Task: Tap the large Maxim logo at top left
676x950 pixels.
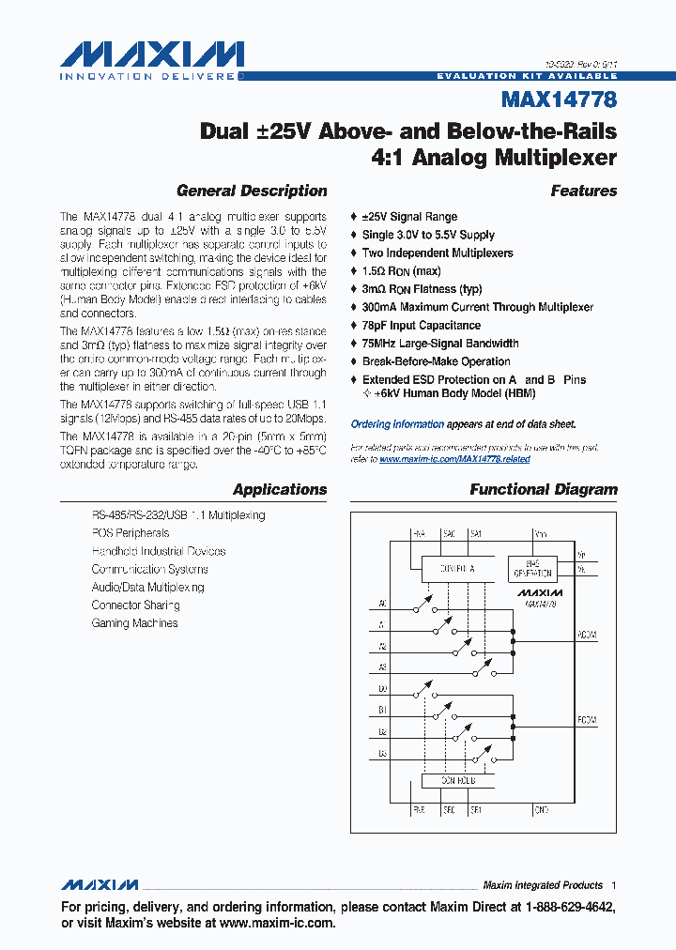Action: point(152,55)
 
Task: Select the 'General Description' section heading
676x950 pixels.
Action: point(252,191)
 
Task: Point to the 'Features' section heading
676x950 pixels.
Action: point(584,191)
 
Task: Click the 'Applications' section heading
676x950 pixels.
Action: point(280,489)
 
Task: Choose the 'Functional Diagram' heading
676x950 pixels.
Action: point(544,489)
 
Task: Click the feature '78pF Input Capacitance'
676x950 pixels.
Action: point(421,326)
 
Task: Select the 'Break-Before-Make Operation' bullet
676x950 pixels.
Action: point(436,361)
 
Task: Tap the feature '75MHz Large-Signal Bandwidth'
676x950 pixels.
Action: point(439,344)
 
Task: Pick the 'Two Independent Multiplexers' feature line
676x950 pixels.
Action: point(438,253)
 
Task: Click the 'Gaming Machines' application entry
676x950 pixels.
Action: point(134,623)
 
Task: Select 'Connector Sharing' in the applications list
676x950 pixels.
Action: point(135,605)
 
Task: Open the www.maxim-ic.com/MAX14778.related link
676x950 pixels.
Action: point(454,459)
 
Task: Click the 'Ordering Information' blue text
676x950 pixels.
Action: point(392,424)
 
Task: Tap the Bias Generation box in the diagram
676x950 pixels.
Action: point(532,568)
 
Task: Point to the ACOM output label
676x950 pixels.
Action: point(585,636)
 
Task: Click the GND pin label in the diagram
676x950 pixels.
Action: point(541,808)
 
